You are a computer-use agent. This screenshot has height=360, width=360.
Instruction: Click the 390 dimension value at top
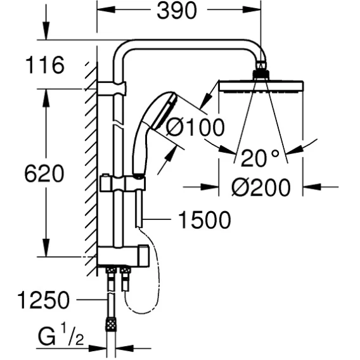click(x=177, y=11)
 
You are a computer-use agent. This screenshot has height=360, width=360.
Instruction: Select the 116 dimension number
click(x=45, y=65)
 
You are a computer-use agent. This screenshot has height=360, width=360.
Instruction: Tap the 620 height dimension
click(x=44, y=174)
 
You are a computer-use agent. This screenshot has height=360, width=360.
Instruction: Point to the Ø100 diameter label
click(x=195, y=127)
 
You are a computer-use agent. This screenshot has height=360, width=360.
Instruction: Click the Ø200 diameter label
click(x=261, y=188)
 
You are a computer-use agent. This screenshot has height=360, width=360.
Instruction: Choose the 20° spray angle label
click(x=260, y=158)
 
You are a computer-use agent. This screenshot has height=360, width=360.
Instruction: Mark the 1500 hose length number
click(x=205, y=220)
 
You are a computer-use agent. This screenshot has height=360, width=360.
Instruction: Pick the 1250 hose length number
click(x=43, y=300)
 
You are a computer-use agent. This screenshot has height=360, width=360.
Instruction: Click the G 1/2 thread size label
click(x=61, y=337)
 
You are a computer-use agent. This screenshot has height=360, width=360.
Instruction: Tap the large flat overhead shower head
click(x=261, y=87)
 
